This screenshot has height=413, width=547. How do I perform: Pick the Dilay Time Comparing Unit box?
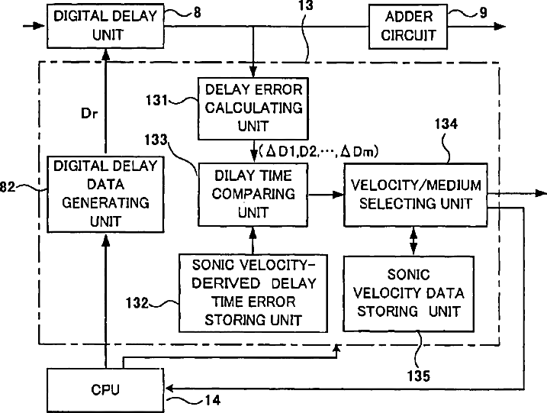point(251,195)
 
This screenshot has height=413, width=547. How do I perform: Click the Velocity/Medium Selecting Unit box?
point(414,194)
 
